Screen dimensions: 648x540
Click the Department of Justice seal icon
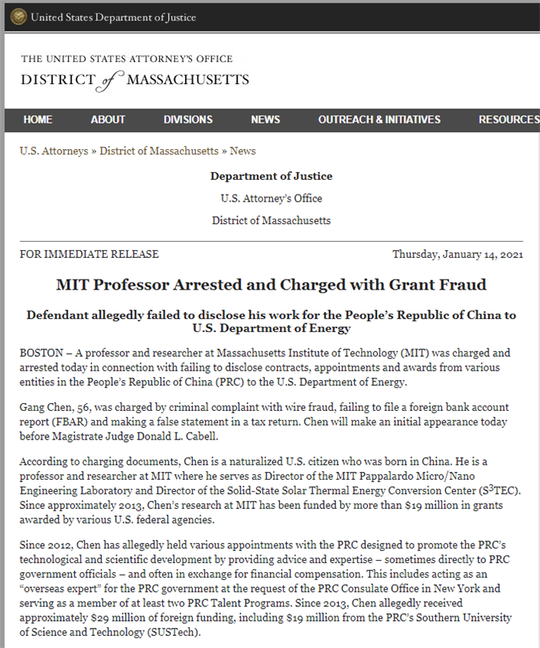pos(17,16)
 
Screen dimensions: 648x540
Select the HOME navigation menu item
pos(38,120)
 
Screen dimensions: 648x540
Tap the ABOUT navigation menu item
pos(107,120)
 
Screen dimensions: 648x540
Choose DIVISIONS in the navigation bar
pos(187,120)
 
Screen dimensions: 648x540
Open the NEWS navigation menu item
pos(265,120)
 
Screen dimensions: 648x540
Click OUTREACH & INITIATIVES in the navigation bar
pos(379,120)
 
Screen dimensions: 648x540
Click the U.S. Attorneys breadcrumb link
pos(53,151)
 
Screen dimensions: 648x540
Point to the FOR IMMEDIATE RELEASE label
pos(89,254)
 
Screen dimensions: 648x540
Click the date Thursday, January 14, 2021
pos(457,254)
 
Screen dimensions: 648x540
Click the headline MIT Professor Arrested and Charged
pos(271,284)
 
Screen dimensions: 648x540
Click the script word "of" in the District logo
pos(112,80)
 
